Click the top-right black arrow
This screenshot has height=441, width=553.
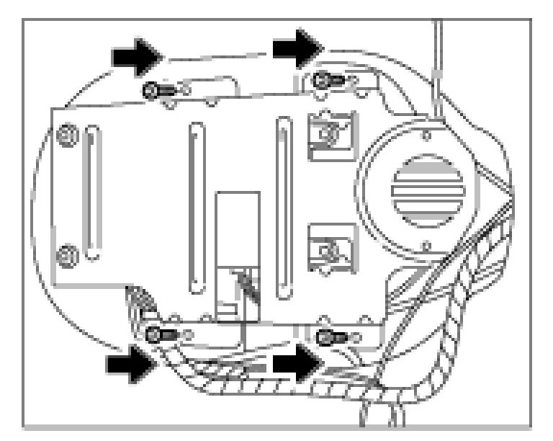(296, 47)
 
